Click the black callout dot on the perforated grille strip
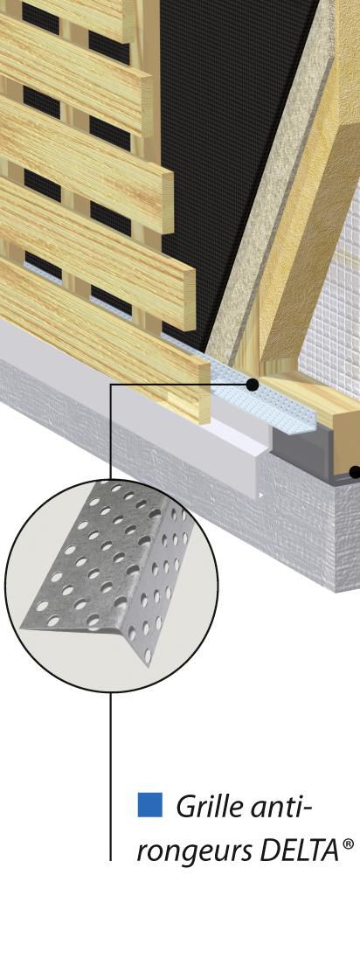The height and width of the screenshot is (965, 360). click(x=252, y=383)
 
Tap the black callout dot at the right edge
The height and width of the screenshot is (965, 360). click(x=355, y=472)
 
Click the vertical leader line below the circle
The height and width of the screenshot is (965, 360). click(x=111, y=769)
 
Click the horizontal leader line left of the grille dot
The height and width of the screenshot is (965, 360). click(x=175, y=383)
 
